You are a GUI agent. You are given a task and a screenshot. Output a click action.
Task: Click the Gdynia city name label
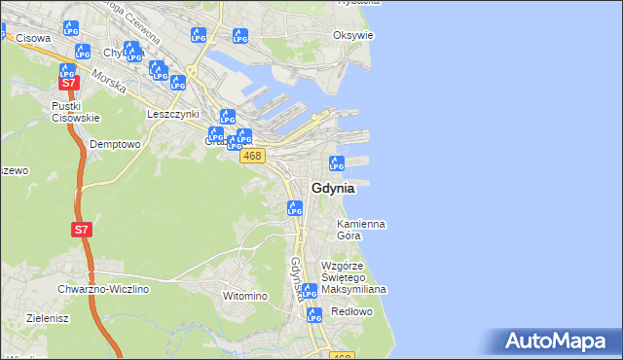(333, 189)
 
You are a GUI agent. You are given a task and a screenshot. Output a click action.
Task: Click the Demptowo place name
(115, 144)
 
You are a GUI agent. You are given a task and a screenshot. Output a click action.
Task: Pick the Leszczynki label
(172, 113)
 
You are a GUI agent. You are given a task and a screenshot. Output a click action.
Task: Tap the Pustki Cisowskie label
(76, 112)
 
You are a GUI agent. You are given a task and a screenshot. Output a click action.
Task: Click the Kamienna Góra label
(360, 230)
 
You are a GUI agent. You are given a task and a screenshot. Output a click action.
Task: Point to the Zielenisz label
(46, 317)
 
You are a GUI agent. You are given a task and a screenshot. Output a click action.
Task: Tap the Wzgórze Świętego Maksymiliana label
(354, 277)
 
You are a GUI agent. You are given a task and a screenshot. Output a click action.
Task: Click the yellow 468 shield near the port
(252, 156)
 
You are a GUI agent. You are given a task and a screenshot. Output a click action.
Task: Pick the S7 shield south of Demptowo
(82, 231)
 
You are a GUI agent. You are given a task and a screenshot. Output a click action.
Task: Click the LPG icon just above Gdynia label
(337, 163)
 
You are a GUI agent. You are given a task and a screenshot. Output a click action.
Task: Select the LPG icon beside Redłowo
(313, 314)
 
